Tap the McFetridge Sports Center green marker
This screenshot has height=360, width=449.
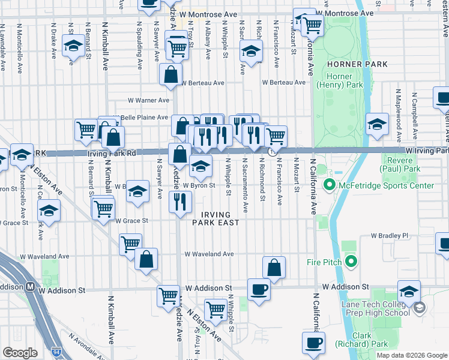pyautogui.click(x=328, y=185)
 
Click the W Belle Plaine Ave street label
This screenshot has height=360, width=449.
pyautogui.click(x=144, y=117)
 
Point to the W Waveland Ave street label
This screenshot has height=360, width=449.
pyautogui.click(x=209, y=254)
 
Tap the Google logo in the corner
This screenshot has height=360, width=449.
pyautogui.click(x=20, y=353)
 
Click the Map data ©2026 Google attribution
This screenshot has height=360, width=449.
pyautogui.click(x=411, y=355)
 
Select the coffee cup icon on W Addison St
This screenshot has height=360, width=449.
pyautogui.click(x=259, y=289)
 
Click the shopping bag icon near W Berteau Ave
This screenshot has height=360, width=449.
pyautogui.click(x=170, y=75)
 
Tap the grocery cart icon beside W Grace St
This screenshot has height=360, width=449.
pyautogui.click(x=103, y=208)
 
